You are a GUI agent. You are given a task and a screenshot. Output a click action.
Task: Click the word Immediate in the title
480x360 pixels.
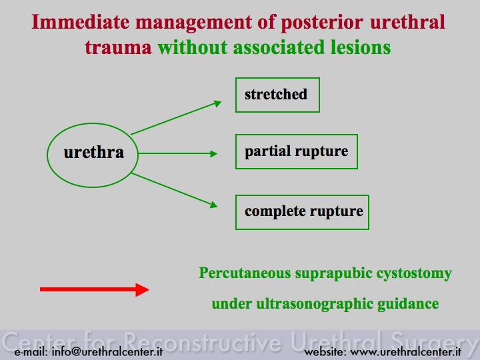pos(81,22)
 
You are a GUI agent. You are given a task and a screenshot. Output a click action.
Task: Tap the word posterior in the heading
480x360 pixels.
pos(322,23)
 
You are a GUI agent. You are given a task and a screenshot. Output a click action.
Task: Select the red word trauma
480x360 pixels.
pos(118,48)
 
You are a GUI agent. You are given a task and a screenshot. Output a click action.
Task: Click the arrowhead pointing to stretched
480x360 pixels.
pos(217,103)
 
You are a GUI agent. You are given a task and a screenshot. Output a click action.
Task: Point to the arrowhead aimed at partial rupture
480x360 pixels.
pos(214,153)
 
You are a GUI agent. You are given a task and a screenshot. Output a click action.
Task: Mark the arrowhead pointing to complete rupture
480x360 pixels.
pos(214,205)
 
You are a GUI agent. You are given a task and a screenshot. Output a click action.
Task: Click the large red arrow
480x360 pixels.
pos(95,289)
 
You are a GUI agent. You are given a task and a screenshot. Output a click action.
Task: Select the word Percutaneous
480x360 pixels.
pos(245,273)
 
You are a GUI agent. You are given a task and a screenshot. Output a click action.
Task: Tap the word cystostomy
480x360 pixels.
pos(414,274)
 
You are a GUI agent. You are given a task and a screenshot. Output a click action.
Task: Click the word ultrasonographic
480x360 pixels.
pos(315,304)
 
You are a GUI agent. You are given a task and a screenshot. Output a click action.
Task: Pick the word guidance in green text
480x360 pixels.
pos(408,304)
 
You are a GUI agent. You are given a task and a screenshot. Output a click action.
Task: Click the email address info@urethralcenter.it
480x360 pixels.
pos(107,351)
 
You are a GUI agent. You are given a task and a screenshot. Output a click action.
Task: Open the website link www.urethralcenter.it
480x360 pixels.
pos(405,351)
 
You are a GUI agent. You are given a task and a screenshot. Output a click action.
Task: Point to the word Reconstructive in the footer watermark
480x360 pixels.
pos(203,341)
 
